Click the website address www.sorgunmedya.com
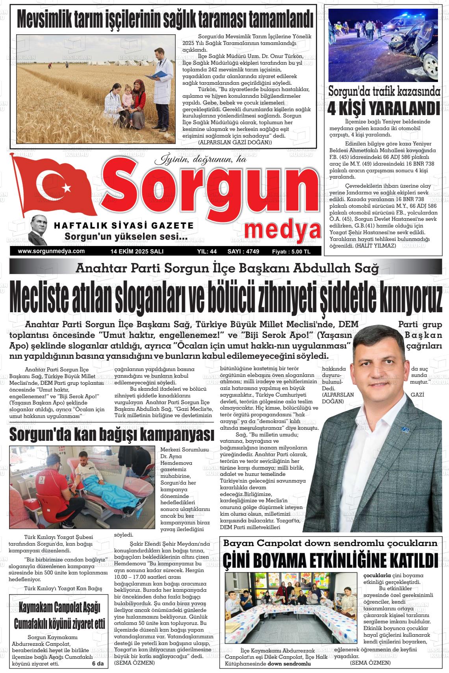pyautogui.click(x=52, y=251)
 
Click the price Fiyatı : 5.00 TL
pyautogui.click(x=291, y=251)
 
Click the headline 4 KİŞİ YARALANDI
pyautogui.click(x=383, y=108)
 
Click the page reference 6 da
pyautogui.click(x=97, y=664)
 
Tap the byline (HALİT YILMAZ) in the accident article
pyautogui.click(x=377, y=245)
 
